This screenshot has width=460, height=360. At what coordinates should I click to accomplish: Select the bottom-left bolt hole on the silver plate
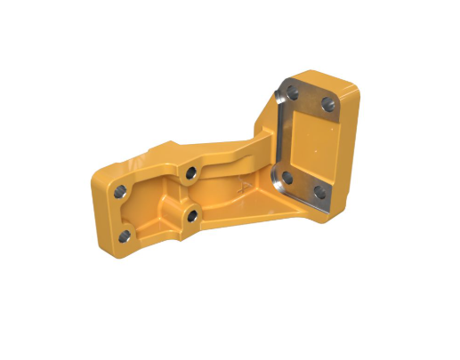286,177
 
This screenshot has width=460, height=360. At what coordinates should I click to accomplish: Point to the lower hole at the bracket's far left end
125,236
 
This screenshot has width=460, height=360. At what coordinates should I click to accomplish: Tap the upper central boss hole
190,171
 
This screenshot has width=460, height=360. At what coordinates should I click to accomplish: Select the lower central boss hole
190,213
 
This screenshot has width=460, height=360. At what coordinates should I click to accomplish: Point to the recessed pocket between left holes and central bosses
151,210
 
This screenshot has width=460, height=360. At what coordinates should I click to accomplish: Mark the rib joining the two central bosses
190,192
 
